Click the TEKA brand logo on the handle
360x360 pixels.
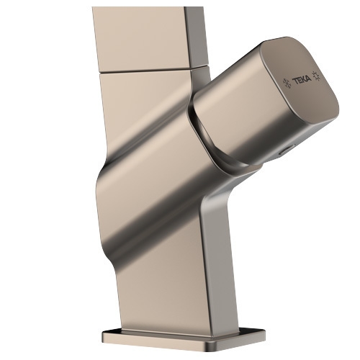pyautogui.click(x=302, y=79)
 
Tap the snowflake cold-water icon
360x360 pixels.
pyautogui.click(x=287, y=83)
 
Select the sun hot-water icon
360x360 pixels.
pyautogui.click(x=316, y=76)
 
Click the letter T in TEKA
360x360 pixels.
pyautogui.click(x=294, y=81)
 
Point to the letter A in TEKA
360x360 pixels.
pyautogui.click(x=308, y=78)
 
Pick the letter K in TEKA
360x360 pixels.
pyautogui.click(x=303, y=79)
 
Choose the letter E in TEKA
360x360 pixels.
pyautogui.click(x=299, y=80)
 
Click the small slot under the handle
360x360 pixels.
pyautogui.click(x=285, y=150)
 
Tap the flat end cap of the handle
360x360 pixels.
pyautogui.click(x=300, y=81)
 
